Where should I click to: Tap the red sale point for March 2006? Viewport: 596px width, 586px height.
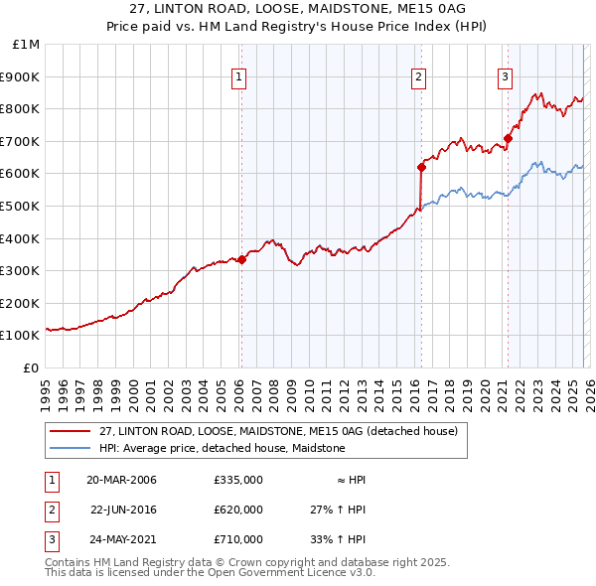(x=241, y=259)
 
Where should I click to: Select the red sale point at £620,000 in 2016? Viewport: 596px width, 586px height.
(x=421, y=167)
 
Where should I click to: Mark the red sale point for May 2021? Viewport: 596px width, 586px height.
(x=508, y=138)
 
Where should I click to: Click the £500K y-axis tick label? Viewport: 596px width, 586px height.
(x=22, y=206)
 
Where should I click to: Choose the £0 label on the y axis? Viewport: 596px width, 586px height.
(x=32, y=367)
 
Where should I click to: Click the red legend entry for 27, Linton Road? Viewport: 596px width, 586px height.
(x=278, y=431)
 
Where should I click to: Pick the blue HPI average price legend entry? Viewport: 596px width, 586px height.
(x=222, y=448)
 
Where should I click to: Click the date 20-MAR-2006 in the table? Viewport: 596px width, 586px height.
(x=121, y=480)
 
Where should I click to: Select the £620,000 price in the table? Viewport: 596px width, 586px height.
(x=237, y=510)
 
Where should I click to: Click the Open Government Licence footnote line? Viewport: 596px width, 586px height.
(x=210, y=573)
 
